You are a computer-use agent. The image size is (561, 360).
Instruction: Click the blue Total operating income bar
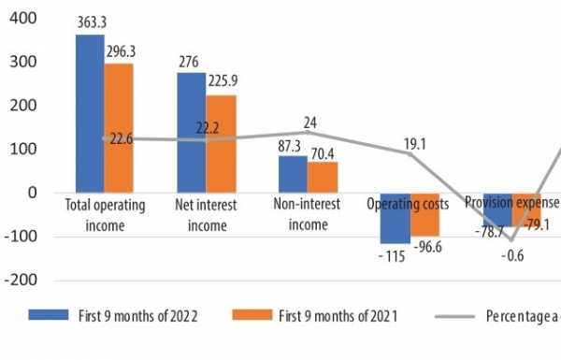point(90,113)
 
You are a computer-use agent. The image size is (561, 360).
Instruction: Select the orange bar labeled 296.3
point(118,128)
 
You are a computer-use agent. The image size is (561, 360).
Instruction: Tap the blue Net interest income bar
point(192,132)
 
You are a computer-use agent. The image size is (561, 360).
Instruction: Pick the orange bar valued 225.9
point(221,143)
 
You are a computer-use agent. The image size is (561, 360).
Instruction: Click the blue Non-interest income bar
point(293,174)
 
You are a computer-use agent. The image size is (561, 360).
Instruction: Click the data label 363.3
point(93,24)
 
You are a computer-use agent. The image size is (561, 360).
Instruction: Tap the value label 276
point(191,62)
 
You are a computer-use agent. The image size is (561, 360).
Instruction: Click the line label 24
point(310,122)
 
